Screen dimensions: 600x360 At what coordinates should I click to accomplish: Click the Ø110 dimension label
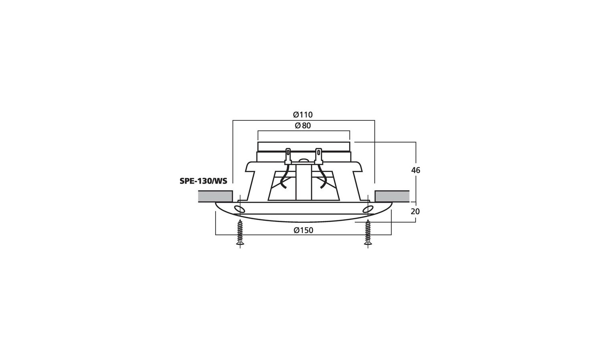click(x=303, y=115)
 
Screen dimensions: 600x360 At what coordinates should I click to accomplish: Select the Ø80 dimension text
click(x=303, y=125)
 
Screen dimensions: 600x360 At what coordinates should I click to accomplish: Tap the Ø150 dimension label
click(x=304, y=230)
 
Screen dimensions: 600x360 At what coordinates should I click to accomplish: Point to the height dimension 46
click(x=416, y=170)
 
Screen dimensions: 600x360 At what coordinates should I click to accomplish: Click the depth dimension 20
click(x=415, y=212)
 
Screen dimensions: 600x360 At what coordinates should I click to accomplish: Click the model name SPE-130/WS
click(x=203, y=181)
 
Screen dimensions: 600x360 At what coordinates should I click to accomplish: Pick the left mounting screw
click(x=240, y=232)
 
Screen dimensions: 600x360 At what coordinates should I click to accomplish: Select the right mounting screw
click(x=368, y=232)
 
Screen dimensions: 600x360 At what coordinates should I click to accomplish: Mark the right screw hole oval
click(x=368, y=210)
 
